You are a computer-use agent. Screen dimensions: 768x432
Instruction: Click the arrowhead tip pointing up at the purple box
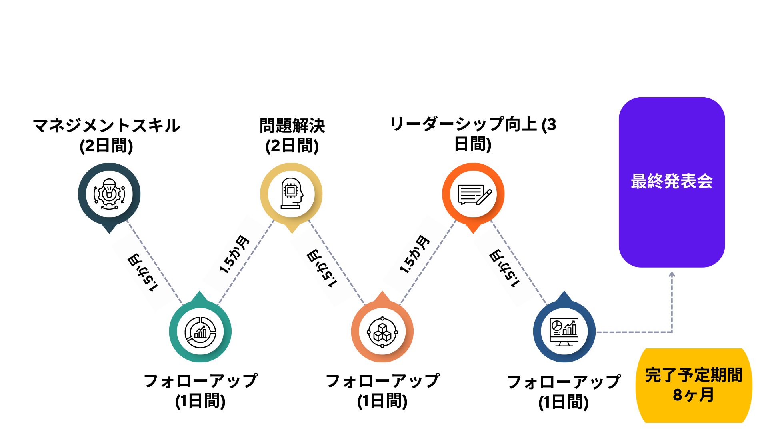click(x=672, y=272)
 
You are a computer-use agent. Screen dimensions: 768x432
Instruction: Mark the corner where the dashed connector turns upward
click(x=672, y=332)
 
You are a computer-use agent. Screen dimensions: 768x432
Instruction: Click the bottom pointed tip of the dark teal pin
click(x=109, y=234)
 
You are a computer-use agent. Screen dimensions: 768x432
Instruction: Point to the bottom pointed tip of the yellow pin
click(x=292, y=234)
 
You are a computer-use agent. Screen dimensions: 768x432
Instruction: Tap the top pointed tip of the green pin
click(x=200, y=291)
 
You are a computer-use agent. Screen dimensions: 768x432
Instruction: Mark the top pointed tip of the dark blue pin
click(x=564, y=291)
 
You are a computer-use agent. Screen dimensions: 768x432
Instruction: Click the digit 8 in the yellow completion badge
click(x=678, y=395)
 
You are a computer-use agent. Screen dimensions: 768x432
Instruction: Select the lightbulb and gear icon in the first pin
click(x=109, y=194)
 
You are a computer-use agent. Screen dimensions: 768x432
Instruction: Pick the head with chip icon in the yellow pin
click(x=292, y=194)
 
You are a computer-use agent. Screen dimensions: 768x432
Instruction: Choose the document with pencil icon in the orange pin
click(x=474, y=194)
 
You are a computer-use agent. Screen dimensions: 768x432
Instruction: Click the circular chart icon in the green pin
click(x=200, y=332)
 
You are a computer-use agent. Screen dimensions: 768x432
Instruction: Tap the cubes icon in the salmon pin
click(x=382, y=332)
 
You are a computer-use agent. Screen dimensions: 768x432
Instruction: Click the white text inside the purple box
click(x=672, y=181)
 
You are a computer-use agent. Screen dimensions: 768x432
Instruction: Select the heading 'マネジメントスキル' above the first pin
click(x=106, y=126)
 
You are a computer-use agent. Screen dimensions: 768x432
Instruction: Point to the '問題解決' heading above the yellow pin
click(x=292, y=126)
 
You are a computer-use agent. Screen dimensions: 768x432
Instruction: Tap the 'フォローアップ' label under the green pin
click(x=200, y=381)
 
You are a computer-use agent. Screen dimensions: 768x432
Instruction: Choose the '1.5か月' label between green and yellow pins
click(x=234, y=254)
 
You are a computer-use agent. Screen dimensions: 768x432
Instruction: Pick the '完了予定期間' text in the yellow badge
click(x=694, y=375)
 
